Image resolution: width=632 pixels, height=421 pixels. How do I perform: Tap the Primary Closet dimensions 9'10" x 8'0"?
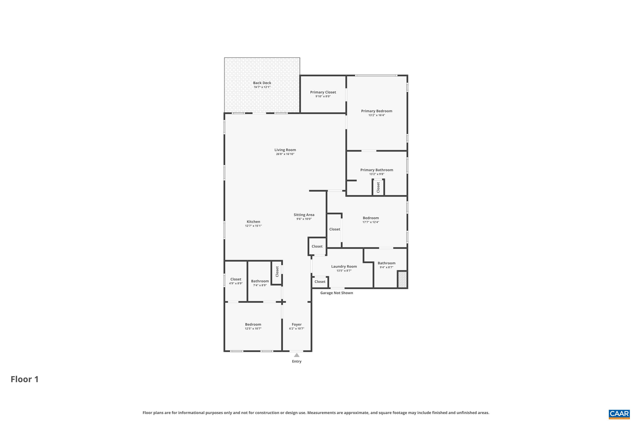point(323,96)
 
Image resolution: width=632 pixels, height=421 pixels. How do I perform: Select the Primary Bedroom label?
point(376,111)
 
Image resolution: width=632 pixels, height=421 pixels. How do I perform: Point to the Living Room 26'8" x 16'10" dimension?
point(285,154)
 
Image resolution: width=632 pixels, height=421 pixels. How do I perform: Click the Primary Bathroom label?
point(376,170)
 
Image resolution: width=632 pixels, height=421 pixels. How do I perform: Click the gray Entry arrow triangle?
point(296,355)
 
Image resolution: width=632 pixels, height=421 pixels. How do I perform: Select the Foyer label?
point(296,324)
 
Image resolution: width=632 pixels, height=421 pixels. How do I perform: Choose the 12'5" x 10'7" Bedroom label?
point(253,324)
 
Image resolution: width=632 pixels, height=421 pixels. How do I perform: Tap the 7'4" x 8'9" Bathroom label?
point(260,281)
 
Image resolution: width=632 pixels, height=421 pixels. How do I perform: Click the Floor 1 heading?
point(24,379)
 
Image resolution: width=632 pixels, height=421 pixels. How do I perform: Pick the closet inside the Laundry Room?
point(320,282)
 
